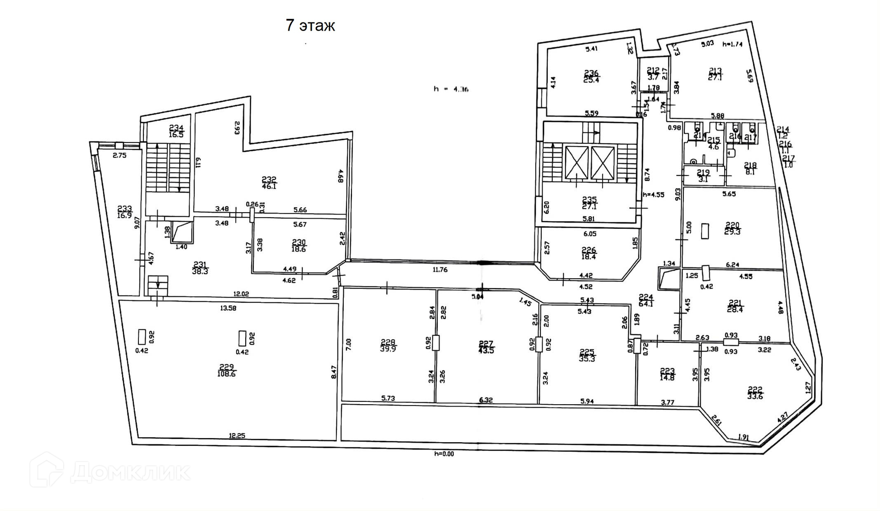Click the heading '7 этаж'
[310, 26]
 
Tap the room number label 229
[226, 367]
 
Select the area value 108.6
[226, 374]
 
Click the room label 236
[591, 73]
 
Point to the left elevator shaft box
[577, 163]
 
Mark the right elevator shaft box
[603, 163]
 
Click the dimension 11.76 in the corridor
[440, 269]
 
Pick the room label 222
[755, 390]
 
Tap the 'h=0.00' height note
[444, 454]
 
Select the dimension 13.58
[228, 308]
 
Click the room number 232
[269, 180]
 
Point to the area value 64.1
[645, 303]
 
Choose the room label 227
[486, 344]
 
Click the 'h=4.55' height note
[653, 194]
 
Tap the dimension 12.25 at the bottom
[237, 436]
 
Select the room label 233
[124, 209]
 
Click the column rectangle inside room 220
[705, 231]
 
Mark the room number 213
[715, 71]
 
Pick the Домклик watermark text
[131, 472]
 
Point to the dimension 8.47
[334, 371]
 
